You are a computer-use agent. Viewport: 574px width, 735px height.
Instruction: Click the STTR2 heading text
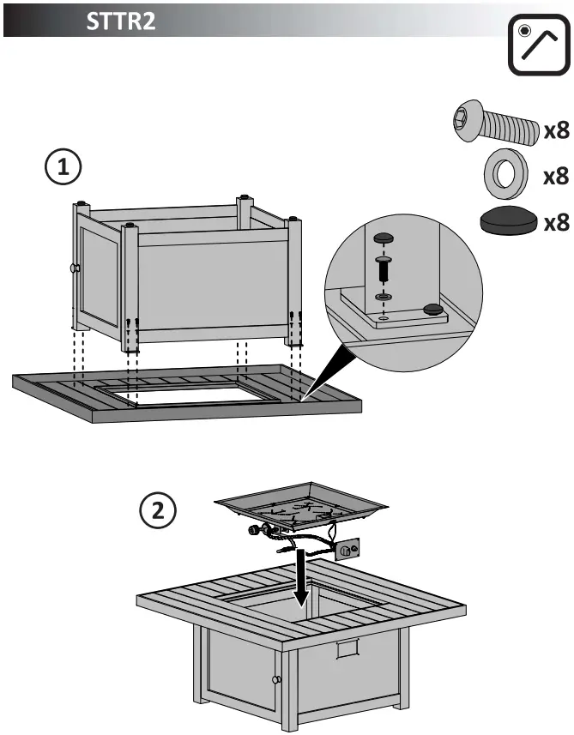coord(120,21)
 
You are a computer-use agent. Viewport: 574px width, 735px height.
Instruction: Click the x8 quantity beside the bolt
coord(557,130)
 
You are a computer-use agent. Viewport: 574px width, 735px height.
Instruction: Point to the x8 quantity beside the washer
coord(557,176)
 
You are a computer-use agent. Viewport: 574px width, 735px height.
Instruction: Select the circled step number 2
coord(158,513)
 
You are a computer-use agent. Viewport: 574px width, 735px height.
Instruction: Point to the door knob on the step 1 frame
coord(75,268)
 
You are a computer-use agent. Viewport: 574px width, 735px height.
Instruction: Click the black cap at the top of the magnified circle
coord(384,236)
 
